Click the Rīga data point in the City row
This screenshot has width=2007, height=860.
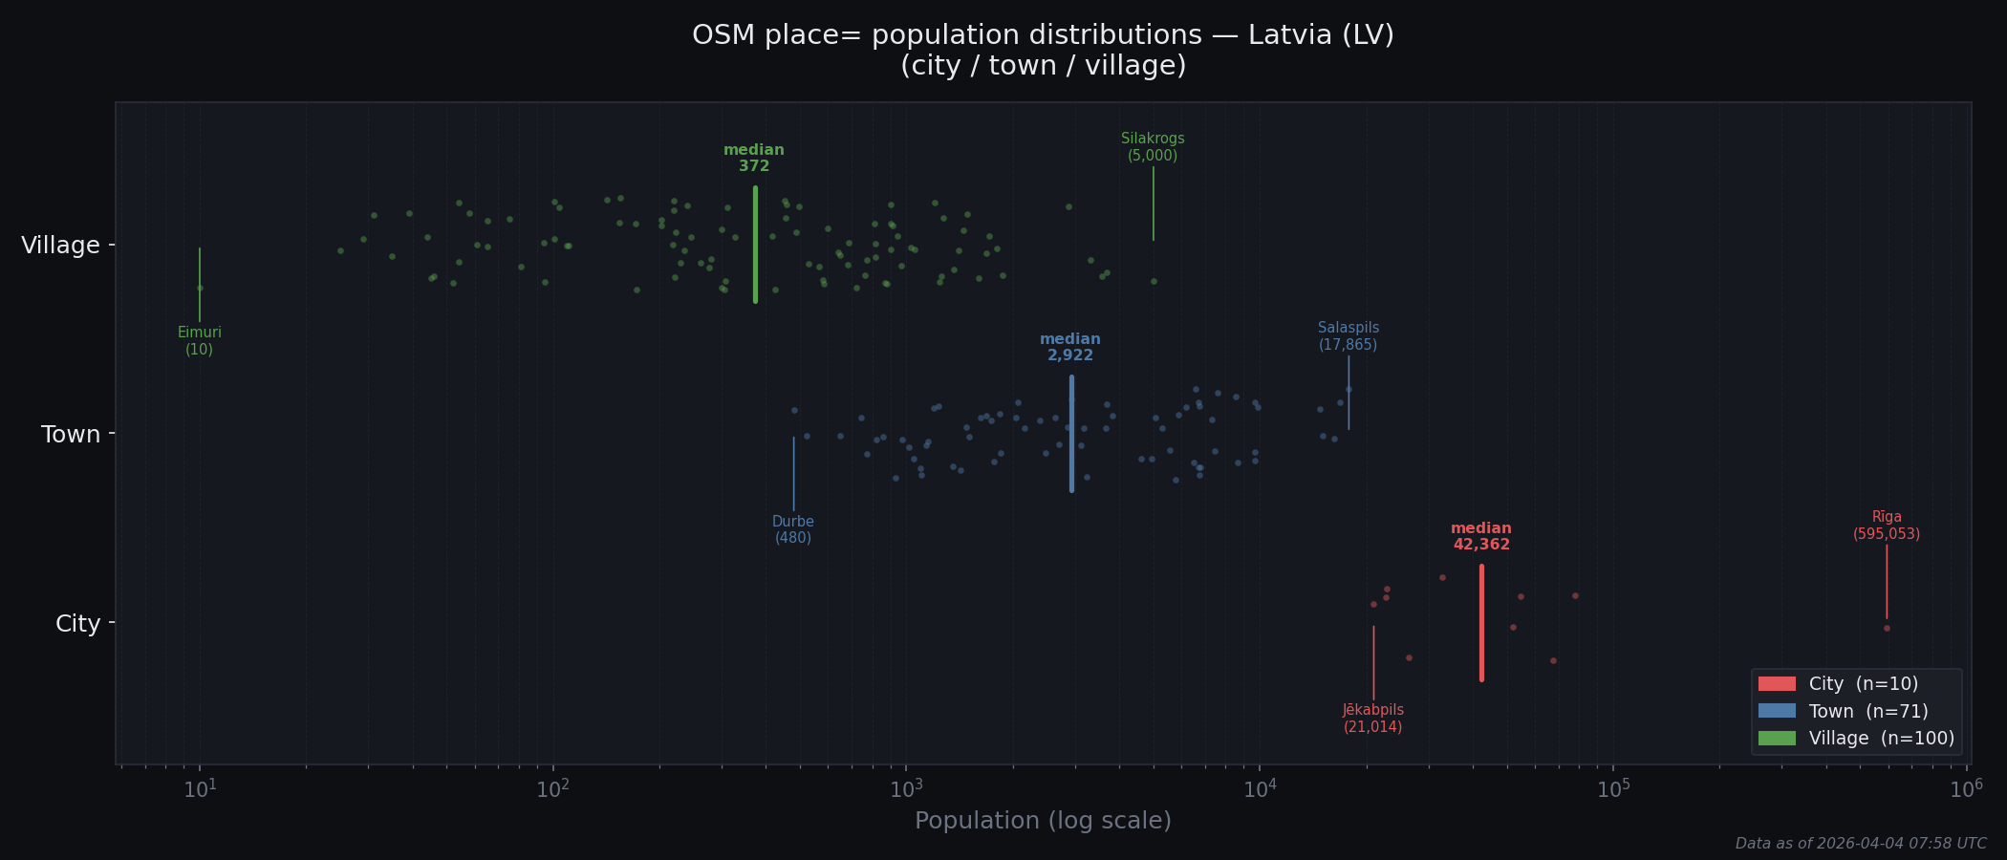tap(1887, 629)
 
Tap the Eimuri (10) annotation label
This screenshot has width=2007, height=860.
tap(200, 341)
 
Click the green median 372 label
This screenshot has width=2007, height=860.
tap(754, 159)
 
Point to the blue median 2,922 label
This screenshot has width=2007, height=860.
tap(1070, 348)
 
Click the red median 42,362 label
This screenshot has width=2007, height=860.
tap(1481, 537)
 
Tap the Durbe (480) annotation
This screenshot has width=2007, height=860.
tap(793, 530)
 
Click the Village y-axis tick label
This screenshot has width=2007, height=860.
tap(60, 246)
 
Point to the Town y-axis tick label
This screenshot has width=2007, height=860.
tap(71, 435)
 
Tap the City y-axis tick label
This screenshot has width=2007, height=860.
tap(77, 624)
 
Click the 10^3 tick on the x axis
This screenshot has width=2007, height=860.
tap(906, 789)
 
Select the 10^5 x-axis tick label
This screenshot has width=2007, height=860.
tap(1613, 789)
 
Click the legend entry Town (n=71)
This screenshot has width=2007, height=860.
tap(1867, 712)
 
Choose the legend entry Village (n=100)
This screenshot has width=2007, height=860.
tap(1881, 739)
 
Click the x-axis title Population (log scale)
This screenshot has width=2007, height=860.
tap(1043, 821)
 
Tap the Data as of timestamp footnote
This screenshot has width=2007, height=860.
tap(1861, 844)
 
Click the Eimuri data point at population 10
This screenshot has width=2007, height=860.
tap(200, 288)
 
